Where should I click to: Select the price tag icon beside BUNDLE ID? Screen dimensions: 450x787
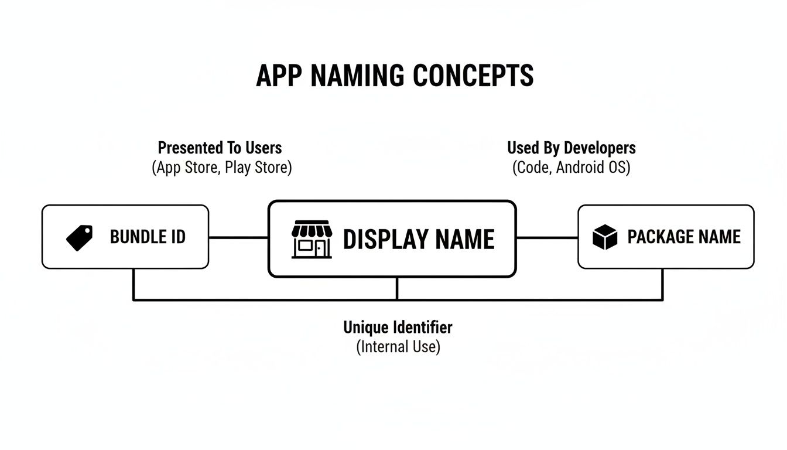(79, 238)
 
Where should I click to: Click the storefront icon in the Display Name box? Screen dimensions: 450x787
(312, 239)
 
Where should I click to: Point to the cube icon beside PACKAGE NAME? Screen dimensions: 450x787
(605, 237)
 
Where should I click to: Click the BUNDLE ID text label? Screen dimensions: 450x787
(148, 237)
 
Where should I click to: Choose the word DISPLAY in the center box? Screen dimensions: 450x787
(385, 240)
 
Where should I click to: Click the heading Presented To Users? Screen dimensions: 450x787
(220, 148)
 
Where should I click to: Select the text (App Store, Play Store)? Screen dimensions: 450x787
(221, 168)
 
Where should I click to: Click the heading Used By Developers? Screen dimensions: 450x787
(571, 148)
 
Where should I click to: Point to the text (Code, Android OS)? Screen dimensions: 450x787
(571, 168)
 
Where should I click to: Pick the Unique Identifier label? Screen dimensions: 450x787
(398, 327)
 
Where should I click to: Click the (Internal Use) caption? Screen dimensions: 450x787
(398, 346)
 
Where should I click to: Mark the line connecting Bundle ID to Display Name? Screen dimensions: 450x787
(238, 237)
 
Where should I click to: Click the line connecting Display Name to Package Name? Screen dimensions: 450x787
(547, 237)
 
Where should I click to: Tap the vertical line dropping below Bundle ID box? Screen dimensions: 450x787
(134, 284)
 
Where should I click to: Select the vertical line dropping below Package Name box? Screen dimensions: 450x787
(662, 284)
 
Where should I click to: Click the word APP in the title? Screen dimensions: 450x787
(278, 76)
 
